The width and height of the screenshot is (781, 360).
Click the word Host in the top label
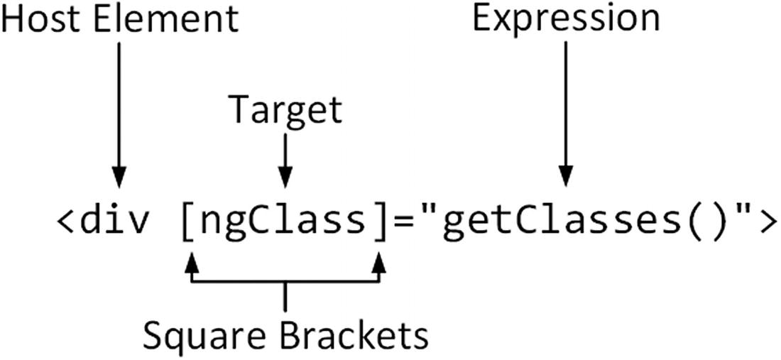click(x=43, y=19)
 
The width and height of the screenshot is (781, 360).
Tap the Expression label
click(x=566, y=19)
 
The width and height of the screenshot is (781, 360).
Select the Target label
click(x=285, y=110)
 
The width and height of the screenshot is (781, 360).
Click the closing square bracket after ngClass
click(x=379, y=222)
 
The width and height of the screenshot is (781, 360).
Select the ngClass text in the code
click(x=284, y=222)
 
